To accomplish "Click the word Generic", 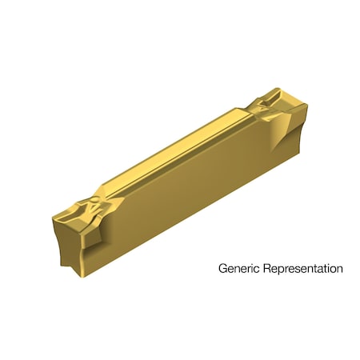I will click(x=238, y=269).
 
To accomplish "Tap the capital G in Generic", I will click(x=223, y=269).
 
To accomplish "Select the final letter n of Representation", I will click(x=339, y=269).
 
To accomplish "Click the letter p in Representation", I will click(x=281, y=270).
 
